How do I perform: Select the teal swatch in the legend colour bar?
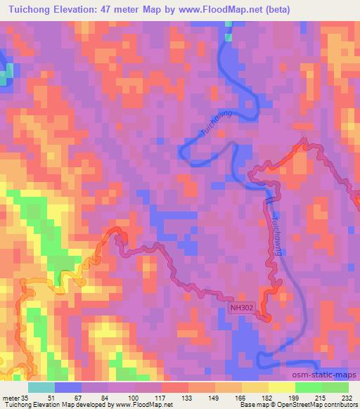(41, 387)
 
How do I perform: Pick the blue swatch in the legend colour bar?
(68, 387)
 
